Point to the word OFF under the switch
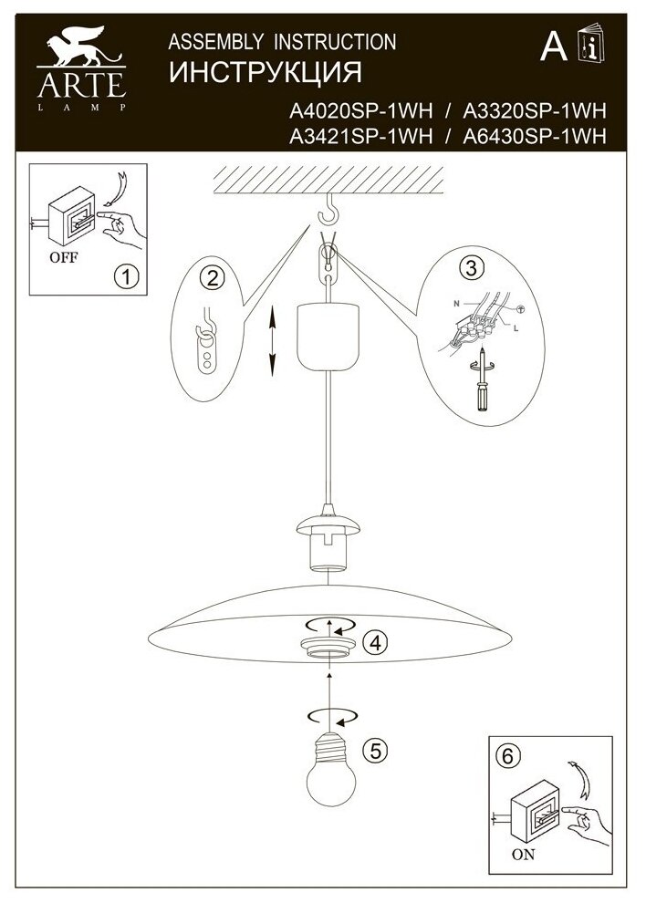click(x=62, y=256)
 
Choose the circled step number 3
click(x=471, y=266)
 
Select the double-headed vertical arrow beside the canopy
click(x=271, y=340)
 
